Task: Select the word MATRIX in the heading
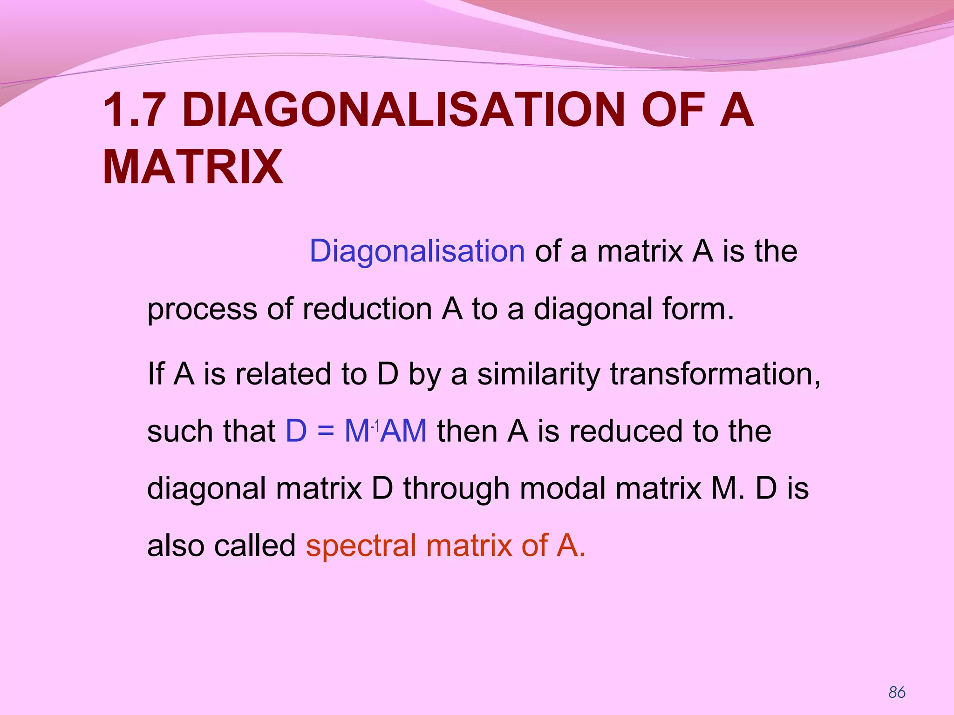point(192,167)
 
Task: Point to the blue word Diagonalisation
point(417,251)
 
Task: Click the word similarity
point(538,374)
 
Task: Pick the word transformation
point(715,374)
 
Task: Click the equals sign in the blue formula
point(326,431)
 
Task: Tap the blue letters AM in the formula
point(404,431)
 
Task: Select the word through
point(456,489)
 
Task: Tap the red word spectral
point(361,546)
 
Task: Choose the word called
point(254,545)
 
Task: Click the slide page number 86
point(897,692)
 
